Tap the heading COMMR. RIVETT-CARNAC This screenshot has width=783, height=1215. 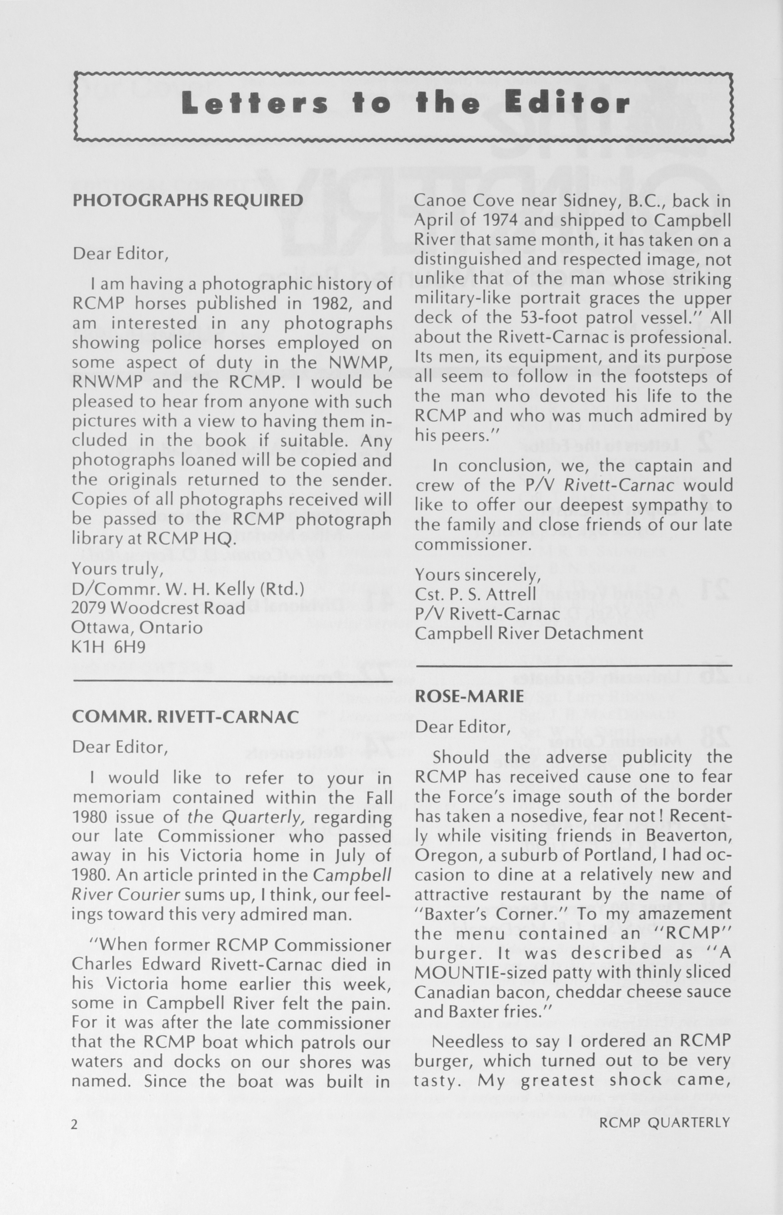[x=185, y=717]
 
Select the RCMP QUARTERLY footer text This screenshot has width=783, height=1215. [x=664, y=1122]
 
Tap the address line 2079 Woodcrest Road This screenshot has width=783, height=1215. [x=158, y=608]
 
